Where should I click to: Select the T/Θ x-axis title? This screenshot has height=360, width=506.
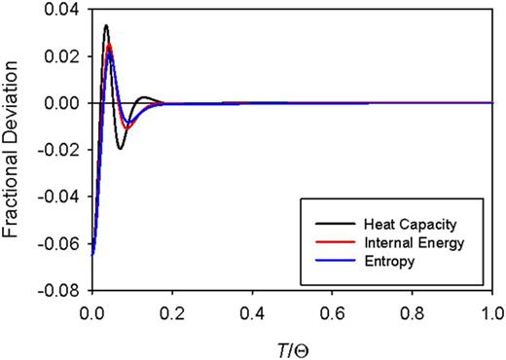click(291, 344)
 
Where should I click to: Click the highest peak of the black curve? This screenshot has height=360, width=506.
click(106, 26)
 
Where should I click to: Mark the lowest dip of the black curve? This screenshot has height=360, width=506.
click(120, 148)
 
